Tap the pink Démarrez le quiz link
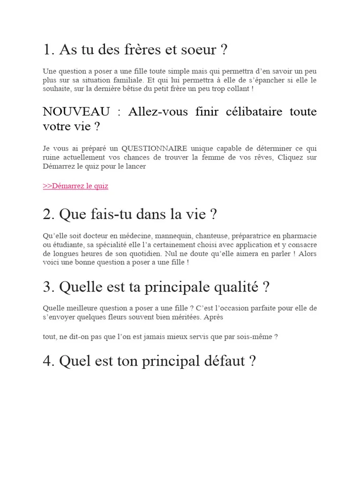(75, 186)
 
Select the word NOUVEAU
(76, 112)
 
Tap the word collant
(237, 89)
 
